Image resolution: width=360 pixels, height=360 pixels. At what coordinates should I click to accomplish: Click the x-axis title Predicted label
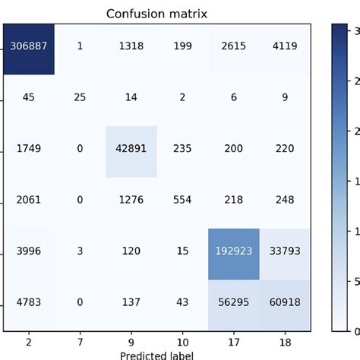pyautogui.click(x=156, y=355)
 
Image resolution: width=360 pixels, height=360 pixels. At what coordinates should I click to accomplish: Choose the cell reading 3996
pyautogui.click(x=28, y=253)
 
